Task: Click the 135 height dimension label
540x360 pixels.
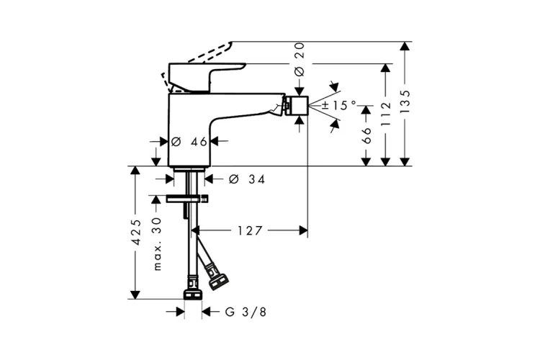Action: [x=405, y=102]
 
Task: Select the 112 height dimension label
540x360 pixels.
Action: [x=386, y=114]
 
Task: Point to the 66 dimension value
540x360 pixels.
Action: [x=366, y=135]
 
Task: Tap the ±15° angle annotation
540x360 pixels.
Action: [x=339, y=105]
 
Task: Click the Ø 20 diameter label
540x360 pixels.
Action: [x=300, y=59]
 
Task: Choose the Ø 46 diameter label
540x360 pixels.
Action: [x=189, y=141]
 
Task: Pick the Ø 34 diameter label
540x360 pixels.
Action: [x=247, y=179]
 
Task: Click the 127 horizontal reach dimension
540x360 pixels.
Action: [x=250, y=230]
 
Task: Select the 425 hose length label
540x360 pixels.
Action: [x=137, y=232]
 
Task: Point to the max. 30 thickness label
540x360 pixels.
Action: [x=157, y=244]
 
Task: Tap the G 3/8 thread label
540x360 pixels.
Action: [x=246, y=312]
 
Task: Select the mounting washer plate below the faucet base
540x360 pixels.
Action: [x=187, y=199]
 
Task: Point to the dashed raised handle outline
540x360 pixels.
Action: [x=198, y=66]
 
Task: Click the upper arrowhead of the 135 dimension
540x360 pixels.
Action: [x=405, y=47]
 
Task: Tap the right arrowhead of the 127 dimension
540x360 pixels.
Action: [x=303, y=230]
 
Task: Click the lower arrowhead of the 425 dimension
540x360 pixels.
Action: [x=135, y=294]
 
